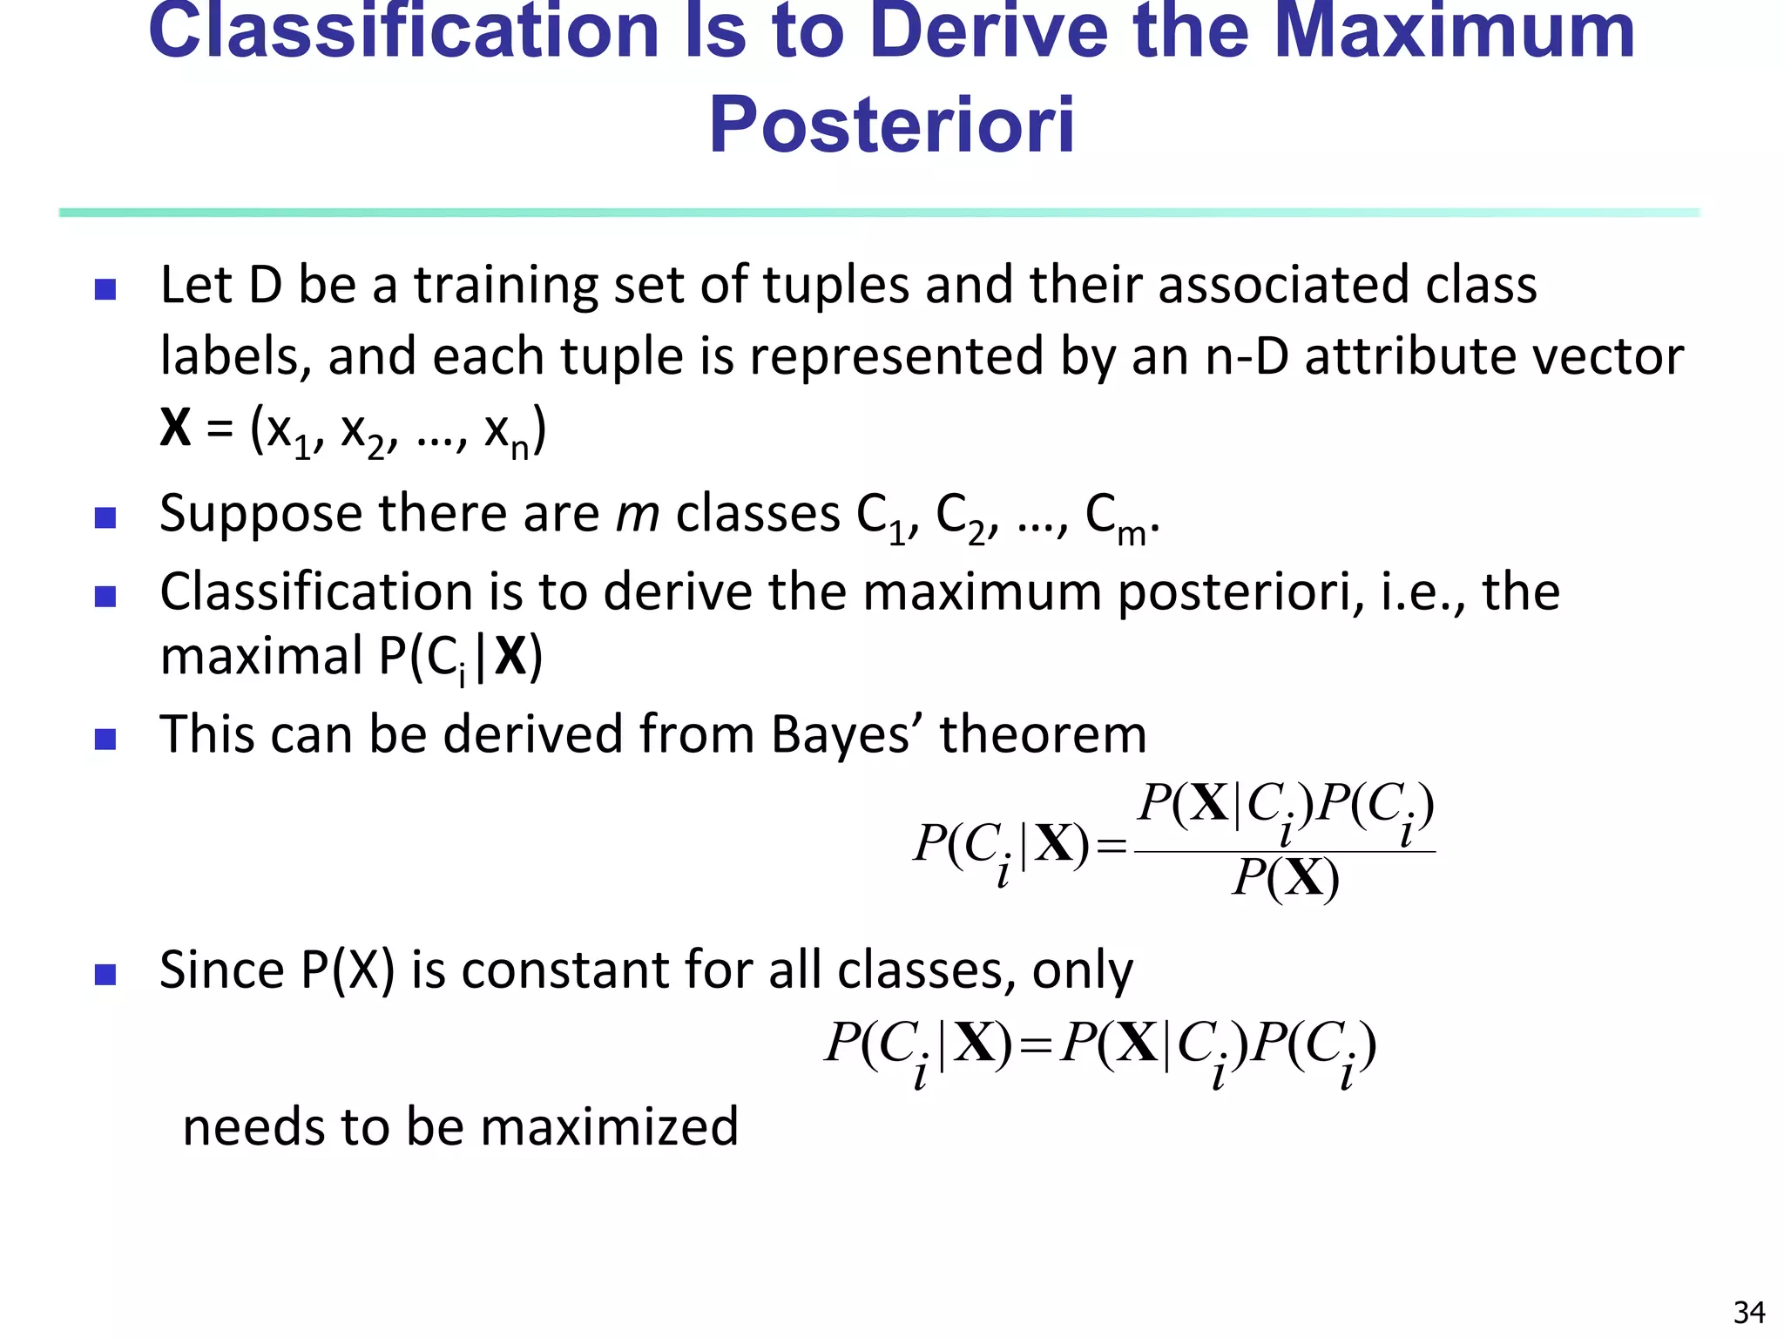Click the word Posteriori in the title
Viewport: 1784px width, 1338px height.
(x=891, y=125)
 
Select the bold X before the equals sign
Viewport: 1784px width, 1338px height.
(x=175, y=428)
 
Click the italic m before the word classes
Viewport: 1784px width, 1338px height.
(x=637, y=513)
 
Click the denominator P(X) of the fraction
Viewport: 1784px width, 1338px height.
(x=1285, y=878)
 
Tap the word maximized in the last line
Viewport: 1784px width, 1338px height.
(x=609, y=1126)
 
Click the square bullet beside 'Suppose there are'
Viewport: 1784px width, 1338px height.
(x=105, y=518)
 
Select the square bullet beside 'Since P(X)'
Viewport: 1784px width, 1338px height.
(x=105, y=974)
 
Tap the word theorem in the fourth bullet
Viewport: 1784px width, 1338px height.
(x=1043, y=734)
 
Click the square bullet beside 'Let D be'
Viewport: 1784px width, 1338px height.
(x=105, y=289)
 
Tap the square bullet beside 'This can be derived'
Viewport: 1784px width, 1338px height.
(x=105, y=740)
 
